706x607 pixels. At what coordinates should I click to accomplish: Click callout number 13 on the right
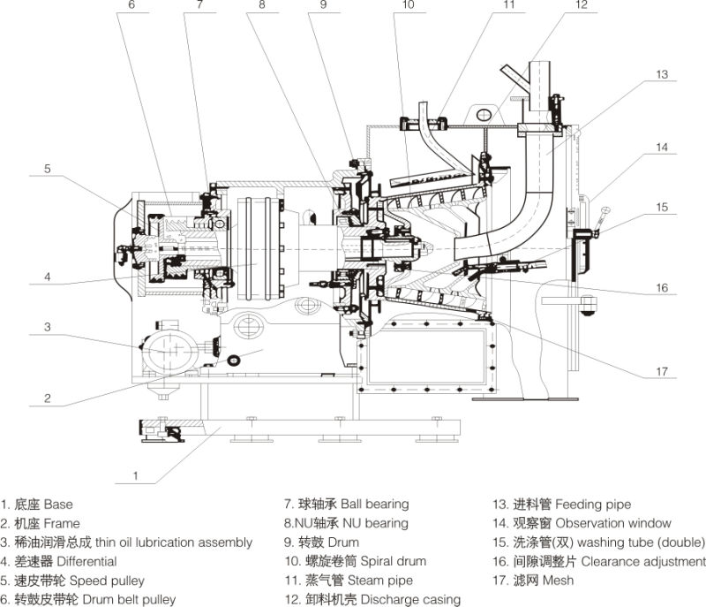click(x=663, y=74)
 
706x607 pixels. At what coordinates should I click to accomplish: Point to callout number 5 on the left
click(x=49, y=168)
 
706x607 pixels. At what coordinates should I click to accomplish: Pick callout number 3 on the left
click(x=49, y=327)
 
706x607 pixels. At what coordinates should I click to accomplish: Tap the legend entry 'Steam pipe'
click(x=354, y=580)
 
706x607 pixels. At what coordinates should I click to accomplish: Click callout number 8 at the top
click(x=261, y=5)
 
